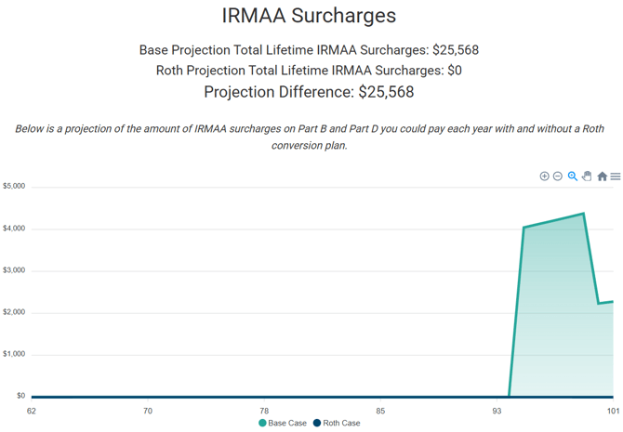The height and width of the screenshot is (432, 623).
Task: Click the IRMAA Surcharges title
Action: (309, 16)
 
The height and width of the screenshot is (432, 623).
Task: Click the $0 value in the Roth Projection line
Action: (454, 71)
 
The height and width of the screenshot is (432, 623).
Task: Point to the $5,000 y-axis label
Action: (14, 187)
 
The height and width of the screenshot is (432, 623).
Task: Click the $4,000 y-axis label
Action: (14, 229)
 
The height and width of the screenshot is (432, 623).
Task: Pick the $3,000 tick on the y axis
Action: (14, 270)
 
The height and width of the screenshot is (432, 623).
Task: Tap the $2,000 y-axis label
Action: (14, 312)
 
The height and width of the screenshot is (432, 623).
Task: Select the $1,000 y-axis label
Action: (14, 354)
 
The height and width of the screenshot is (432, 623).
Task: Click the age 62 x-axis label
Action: (32, 410)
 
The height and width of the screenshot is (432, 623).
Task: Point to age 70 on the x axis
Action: (148, 410)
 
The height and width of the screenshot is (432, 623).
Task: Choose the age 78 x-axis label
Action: (264, 410)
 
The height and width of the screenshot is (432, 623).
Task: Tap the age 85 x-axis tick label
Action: (380, 410)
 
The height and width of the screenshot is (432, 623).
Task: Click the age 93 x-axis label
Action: (497, 410)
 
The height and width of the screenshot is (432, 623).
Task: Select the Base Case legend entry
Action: (283, 424)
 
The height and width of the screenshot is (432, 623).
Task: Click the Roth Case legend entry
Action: (337, 424)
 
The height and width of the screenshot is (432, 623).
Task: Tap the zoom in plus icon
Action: (545, 177)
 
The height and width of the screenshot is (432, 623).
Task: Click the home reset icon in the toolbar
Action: (602, 177)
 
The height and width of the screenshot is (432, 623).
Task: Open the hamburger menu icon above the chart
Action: (616, 177)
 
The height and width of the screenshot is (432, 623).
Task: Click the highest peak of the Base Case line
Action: (583, 214)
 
